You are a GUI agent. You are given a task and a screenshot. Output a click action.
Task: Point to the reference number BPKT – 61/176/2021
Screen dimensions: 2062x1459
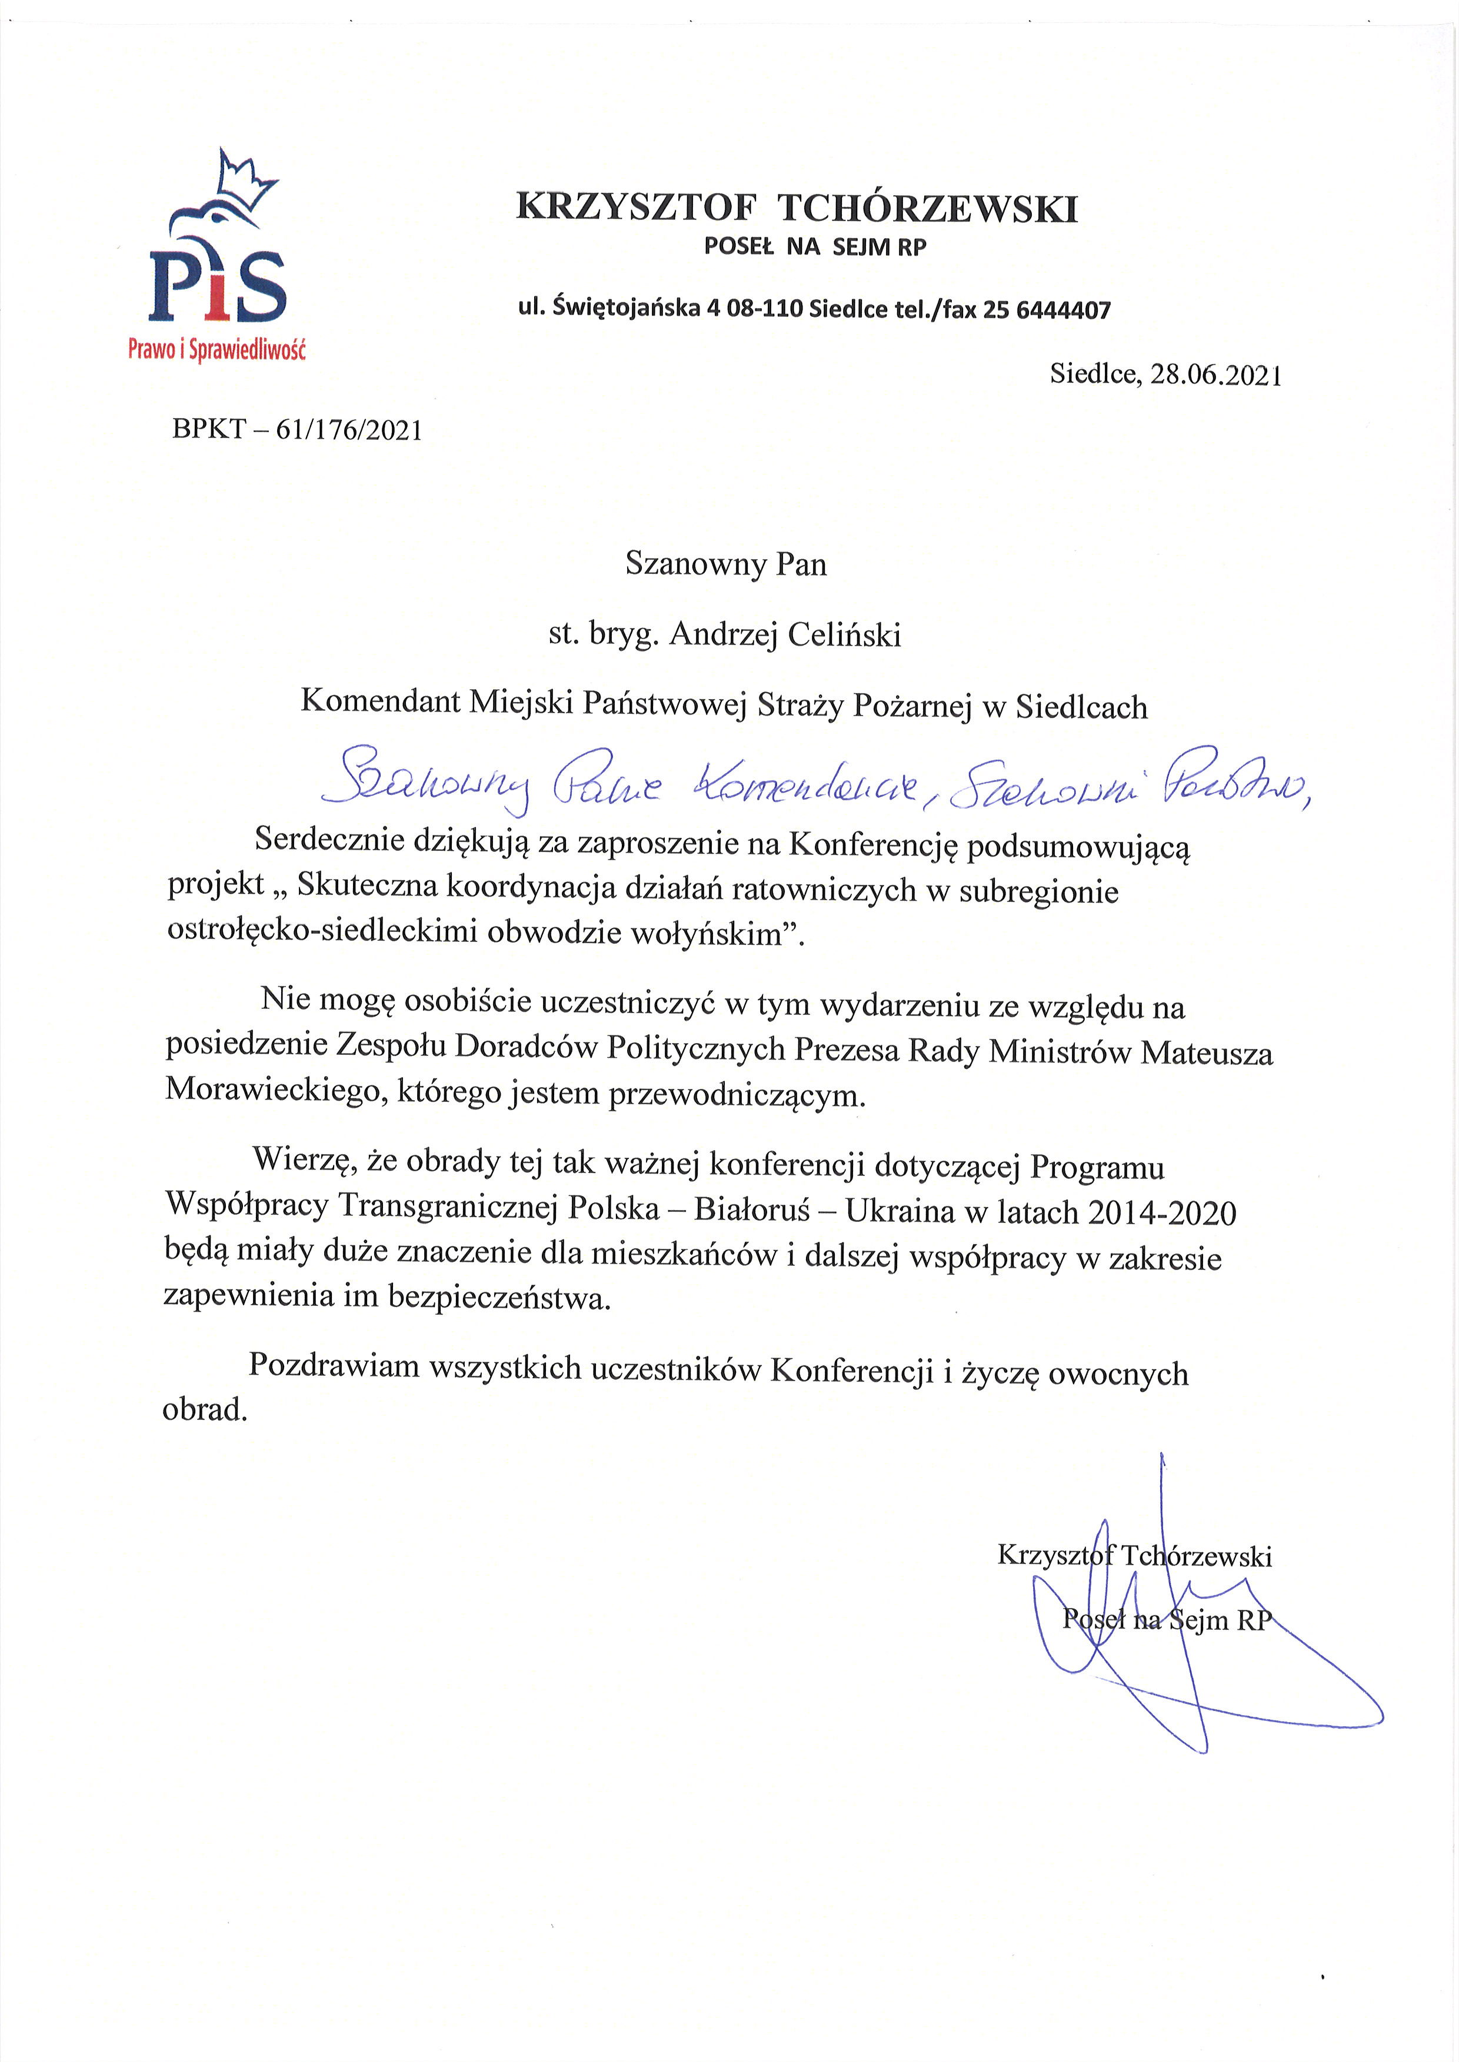tap(297, 430)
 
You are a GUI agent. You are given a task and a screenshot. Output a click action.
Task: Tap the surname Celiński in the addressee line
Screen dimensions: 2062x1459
tap(844, 635)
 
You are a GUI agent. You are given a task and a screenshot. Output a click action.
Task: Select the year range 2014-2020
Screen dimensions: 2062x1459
tap(1162, 1214)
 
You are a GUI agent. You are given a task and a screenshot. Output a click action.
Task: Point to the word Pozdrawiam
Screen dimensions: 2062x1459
tap(334, 1365)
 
